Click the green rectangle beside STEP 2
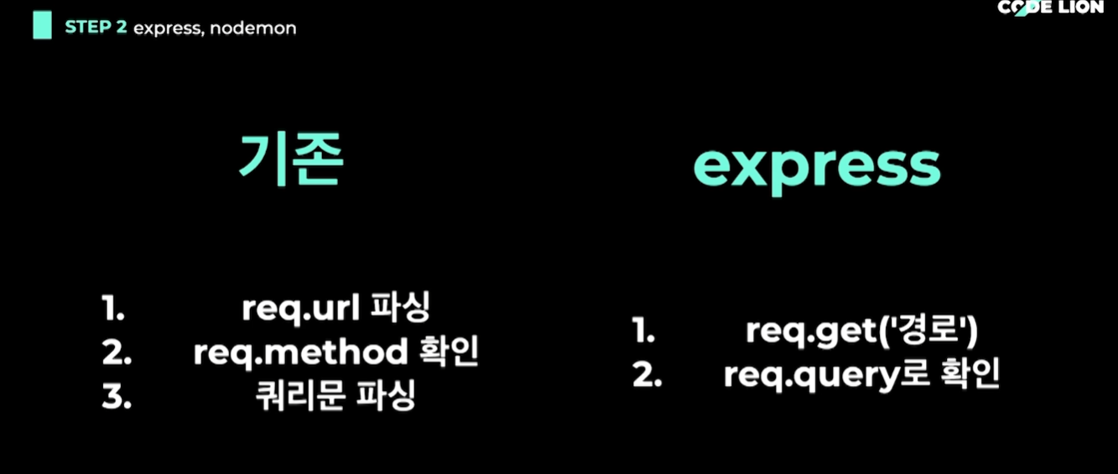[x=42, y=26]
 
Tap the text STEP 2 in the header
[x=96, y=27]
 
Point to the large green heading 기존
[x=291, y=162]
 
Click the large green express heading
[x=816, y=167]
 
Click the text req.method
[x=299, y=353]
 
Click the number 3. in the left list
[x=117, y=398]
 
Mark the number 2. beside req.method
[x=117, y=353]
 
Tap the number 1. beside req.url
[x=113, y=309]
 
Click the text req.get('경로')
[x=862, y=331]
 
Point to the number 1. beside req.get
[x=643, y=331]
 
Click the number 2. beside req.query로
[x=647, y=376]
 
